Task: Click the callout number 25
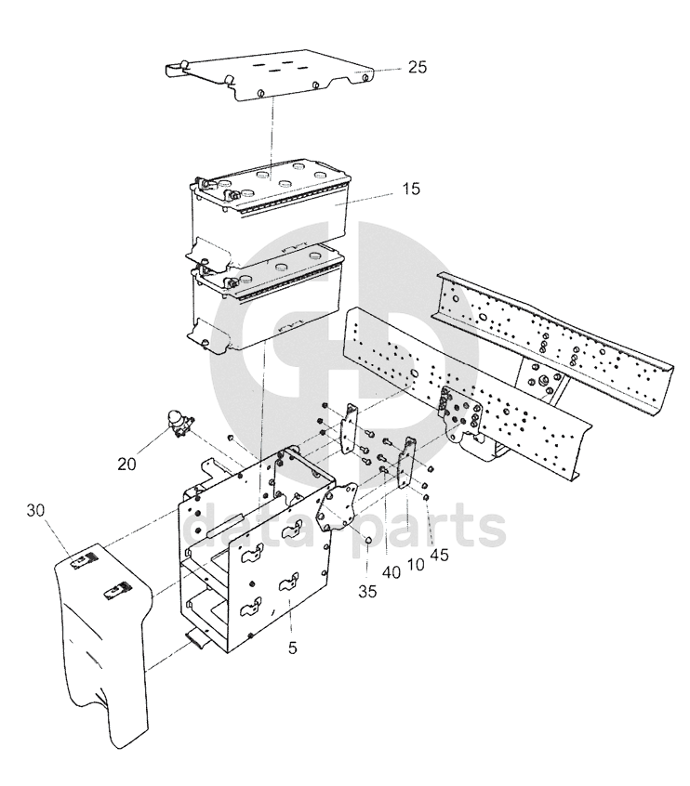417,67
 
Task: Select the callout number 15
411,189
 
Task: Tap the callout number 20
127,465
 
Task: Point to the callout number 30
35,510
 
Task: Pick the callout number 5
293,648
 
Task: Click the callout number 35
367,592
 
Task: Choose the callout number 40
391,572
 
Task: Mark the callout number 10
416,565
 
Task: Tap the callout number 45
439,555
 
